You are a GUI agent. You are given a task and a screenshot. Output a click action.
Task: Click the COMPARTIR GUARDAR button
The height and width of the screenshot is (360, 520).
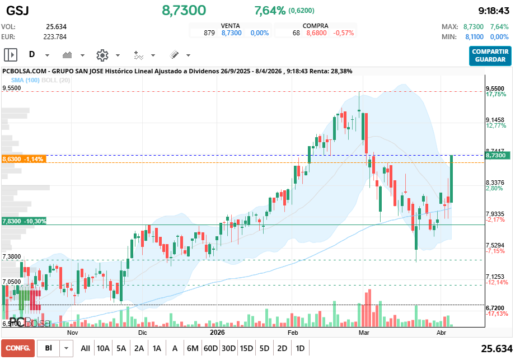coord(490,55)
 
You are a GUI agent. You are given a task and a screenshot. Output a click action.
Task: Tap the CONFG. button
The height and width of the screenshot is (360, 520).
coord(17,348)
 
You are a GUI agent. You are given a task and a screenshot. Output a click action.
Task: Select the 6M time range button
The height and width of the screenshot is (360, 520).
coord(193,348)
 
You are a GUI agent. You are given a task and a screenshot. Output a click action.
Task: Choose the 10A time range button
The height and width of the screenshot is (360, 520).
coord(103,348)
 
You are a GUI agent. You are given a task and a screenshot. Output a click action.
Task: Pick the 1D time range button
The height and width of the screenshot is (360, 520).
coord(300,348)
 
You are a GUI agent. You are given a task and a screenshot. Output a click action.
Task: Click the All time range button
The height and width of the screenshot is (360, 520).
coord(85,348)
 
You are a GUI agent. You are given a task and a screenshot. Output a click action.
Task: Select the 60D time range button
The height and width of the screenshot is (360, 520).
coord(210,348)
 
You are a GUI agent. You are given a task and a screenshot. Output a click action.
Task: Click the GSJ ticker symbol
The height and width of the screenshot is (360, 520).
coord(18,11)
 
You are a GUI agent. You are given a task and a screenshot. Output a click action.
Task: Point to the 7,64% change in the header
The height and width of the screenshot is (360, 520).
coord(270,11)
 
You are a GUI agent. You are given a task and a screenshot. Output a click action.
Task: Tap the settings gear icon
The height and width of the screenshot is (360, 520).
coord(102,55)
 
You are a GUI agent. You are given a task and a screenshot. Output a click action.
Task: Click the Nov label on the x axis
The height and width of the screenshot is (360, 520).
coord(72,332)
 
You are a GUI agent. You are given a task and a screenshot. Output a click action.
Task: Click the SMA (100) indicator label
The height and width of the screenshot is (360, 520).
coord(26,80)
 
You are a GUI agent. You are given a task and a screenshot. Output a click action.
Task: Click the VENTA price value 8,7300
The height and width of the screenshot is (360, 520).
coord(232,33)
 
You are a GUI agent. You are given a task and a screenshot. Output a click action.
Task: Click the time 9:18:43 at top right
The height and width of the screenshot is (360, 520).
coord(494,11)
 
